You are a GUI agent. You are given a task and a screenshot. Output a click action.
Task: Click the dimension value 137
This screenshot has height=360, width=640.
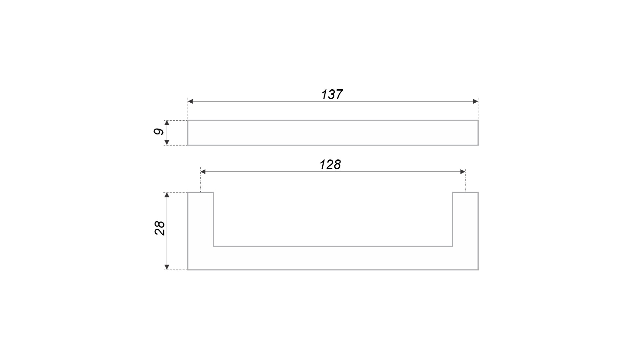click(x=332, y=95)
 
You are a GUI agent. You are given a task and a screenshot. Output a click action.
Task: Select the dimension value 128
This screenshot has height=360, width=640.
click(x=330, y=165)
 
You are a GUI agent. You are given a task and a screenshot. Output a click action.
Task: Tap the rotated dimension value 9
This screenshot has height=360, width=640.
click(x=159, y=132)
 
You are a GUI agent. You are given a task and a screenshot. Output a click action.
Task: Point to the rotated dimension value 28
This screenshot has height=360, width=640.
click(x=160, y=228)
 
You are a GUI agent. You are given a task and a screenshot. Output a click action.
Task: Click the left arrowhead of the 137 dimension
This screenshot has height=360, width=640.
click(x=190, y=101)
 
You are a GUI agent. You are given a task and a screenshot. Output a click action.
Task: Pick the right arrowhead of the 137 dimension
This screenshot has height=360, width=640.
click(x=476, y=101)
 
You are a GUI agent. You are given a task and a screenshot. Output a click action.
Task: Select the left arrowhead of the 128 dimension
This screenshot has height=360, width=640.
click(x=203, y=172)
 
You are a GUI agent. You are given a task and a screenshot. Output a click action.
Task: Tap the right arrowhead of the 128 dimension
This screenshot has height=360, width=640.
click(x=463, y=172)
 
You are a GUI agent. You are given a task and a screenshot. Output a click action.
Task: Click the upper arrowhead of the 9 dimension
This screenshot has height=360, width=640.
click(x=167, y=123)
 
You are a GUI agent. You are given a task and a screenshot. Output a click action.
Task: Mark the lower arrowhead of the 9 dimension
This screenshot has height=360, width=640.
click(x=167, y=143)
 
